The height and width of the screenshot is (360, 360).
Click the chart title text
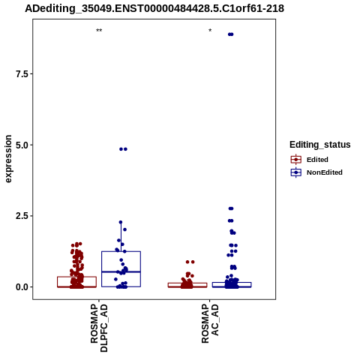(154, 8)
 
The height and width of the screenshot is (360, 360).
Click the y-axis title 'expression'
(8, 159)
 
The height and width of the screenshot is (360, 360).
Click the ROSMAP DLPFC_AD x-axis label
(99, 328)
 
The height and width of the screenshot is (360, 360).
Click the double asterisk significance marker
(99, 31)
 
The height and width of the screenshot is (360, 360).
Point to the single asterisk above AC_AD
(210, 31)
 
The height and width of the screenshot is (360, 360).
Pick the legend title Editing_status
(320, 145)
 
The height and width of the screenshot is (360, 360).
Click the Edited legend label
(317, 160)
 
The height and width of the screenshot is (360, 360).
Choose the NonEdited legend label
(325, 172)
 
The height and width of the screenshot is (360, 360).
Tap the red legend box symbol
(296, 160)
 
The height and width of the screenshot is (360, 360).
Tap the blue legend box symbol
(296, 172)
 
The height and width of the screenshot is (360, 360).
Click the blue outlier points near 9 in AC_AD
(231, 34)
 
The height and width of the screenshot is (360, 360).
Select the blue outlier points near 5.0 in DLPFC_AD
(123, 149)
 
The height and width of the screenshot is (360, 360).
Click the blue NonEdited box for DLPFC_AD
(121, 251)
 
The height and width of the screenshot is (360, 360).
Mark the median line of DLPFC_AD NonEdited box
(121, 271)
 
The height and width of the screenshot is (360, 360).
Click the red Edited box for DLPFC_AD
(76, 277)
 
